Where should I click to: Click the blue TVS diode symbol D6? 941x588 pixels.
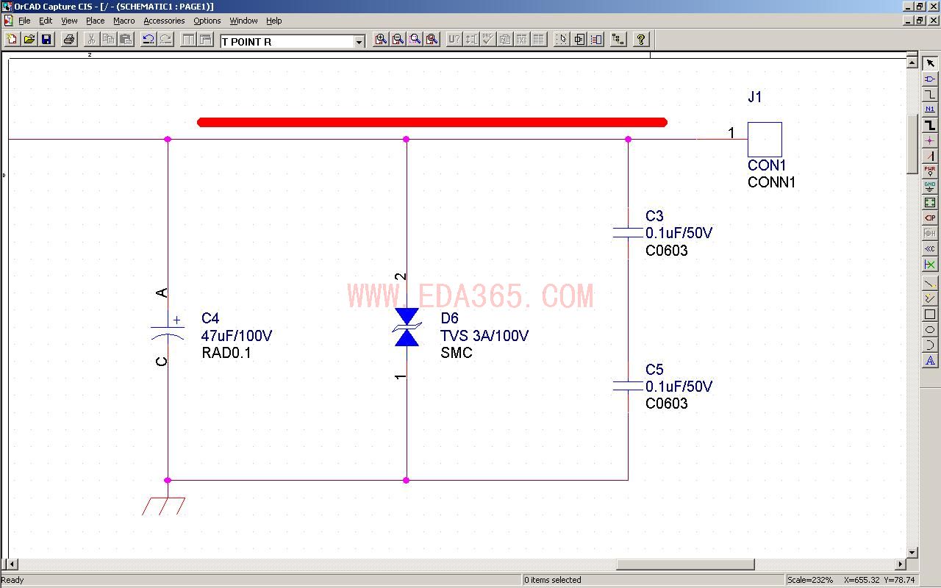coord(407,327)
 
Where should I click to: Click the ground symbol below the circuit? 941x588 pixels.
coord(163,506)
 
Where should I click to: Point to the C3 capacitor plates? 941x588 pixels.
coord(628,233)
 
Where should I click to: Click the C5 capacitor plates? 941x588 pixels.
coord(628,386)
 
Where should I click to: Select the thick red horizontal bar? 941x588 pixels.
coord(432,122)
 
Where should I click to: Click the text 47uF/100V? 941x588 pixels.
coord(237,336)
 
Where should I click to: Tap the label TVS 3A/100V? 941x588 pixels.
coord(484,336)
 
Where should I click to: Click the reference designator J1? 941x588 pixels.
coord(755,97)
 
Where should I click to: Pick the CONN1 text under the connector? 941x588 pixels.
coord(771,182)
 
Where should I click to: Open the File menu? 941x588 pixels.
coord(24,21)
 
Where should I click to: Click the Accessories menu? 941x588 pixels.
coord(164,21)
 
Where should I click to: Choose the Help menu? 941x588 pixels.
coord(274,21)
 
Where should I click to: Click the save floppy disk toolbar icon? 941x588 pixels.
coord(46,40)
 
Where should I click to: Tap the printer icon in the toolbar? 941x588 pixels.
coord(69,40)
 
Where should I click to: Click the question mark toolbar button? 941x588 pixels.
coord(640,40)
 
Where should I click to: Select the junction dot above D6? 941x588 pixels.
coord(406,139)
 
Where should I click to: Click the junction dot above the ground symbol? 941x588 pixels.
coord(168,480)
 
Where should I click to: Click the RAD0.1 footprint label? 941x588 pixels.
coord(226,353)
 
